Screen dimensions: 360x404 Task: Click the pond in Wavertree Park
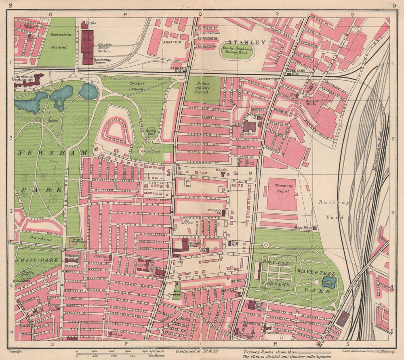coord(329,282)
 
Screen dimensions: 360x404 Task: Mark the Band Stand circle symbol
coord(142,151)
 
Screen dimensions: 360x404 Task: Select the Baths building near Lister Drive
coord(84,25)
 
